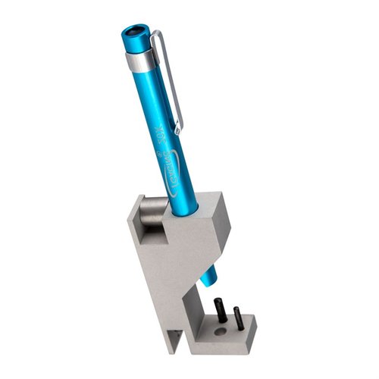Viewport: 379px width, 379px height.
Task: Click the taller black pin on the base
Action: (x=221, y=310)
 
